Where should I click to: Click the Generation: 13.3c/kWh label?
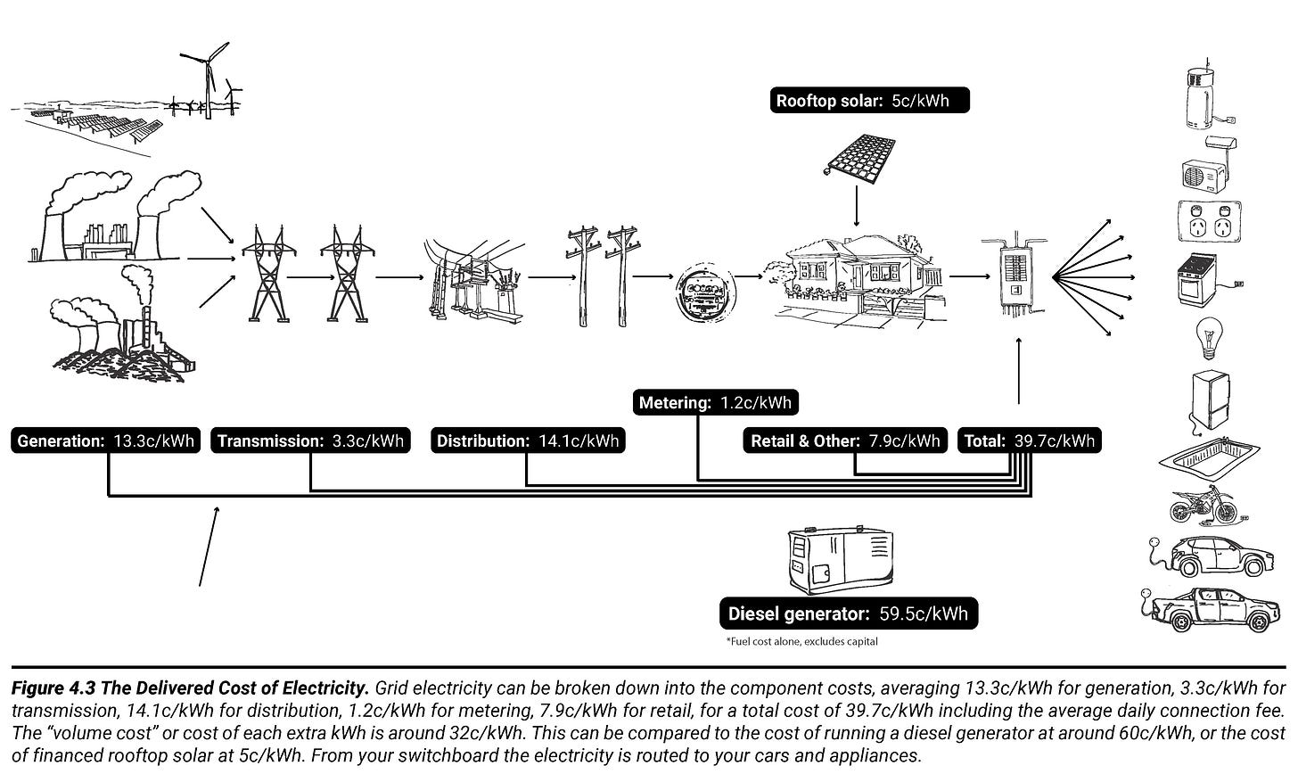tap(105, 441)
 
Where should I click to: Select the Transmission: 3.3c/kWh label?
tap(310, 441)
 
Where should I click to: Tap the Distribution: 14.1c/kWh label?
tap(528, 441)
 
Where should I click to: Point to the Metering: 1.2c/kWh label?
tap(715, 403)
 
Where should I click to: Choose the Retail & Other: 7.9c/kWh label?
tap(845, 441)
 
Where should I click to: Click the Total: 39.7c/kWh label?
tap(1030, 441)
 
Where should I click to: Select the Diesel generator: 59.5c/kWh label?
tap(848, 613)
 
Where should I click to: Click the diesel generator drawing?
tap(840, 559)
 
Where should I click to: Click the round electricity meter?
tap(703, 292)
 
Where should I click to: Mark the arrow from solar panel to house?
tap(857, 207)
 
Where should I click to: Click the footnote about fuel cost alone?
tap(801, 641)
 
